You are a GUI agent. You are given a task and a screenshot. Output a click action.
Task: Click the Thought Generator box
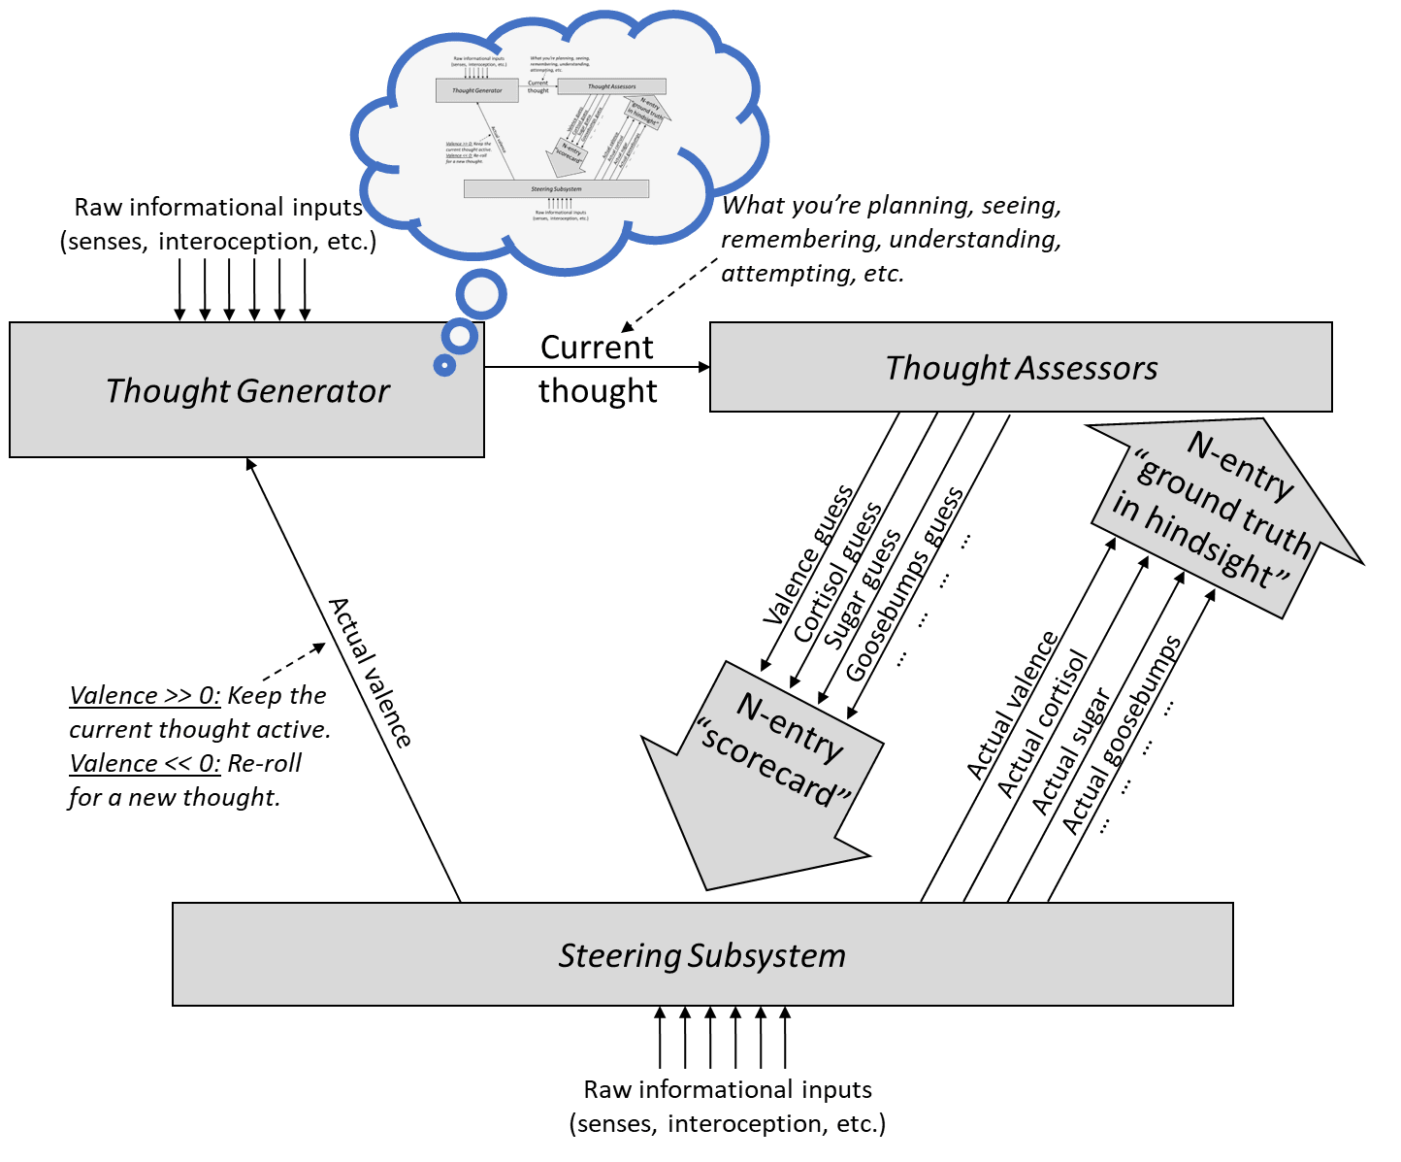click(x=246, y=390)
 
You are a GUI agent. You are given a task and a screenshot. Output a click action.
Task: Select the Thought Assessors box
click(x=1021, y=368)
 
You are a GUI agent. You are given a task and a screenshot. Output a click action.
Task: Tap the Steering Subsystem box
click(x=701, y=955)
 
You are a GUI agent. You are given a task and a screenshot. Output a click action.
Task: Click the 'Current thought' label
click(x=598, y=369)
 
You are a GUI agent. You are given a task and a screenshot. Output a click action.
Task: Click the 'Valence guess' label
click(x=808, y=554)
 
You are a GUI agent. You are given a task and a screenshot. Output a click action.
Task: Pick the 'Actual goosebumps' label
click(x=1122, y=735)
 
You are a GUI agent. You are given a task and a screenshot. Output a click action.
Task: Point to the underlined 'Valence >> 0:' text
click(x=145, y=696)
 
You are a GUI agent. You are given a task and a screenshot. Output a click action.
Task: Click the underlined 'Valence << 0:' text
click(x=145, y=764)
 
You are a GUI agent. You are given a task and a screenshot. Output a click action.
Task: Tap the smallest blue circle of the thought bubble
click(x=445, y=365)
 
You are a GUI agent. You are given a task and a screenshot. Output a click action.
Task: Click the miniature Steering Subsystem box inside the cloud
click(x=556, y=189)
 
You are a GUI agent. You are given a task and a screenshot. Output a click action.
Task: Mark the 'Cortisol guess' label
click(x=837, y=573)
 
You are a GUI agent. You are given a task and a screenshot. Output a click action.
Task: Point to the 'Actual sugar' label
click(x=1070, y=751)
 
